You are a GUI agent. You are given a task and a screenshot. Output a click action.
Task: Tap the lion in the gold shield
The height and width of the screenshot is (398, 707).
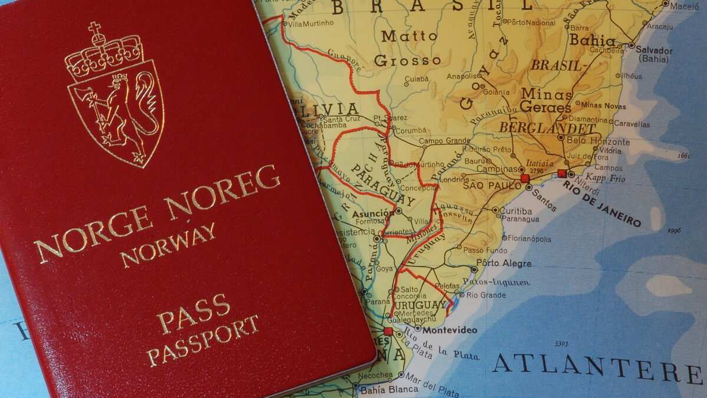[118, 112]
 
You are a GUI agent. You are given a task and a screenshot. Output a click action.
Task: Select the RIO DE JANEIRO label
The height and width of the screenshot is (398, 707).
[602, 204]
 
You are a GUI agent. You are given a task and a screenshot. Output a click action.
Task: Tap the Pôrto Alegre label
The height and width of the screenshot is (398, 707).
[504, 263]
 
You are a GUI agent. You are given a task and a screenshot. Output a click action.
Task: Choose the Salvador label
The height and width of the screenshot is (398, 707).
[654, 51]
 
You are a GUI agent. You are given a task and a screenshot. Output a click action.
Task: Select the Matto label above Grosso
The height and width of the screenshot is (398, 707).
[409, 36]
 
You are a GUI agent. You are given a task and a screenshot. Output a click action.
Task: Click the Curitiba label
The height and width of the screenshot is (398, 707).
[518, 210]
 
